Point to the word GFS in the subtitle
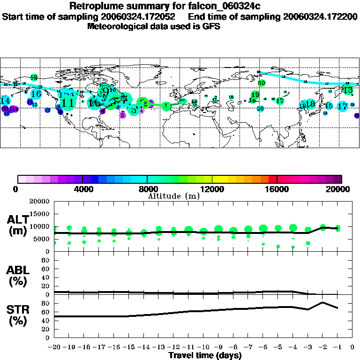(x=211, y=26)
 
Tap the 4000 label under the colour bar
(x=82, y=189)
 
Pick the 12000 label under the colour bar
(x=212, y=189)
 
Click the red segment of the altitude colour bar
(x=272, y=179)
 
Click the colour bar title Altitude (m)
(x=173, y=196)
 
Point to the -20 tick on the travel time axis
(x=54, y=347)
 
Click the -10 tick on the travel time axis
(x=203, y=347)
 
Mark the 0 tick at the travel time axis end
(x=352, y=347)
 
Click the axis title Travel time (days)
(x=205, y=355)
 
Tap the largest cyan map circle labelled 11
(x=67, y=102)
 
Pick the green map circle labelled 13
(x=348, y=90)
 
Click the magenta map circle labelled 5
(x=123, y=115)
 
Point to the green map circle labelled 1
(x=166, y=106)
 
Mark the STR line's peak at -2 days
(x=322, y=302)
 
